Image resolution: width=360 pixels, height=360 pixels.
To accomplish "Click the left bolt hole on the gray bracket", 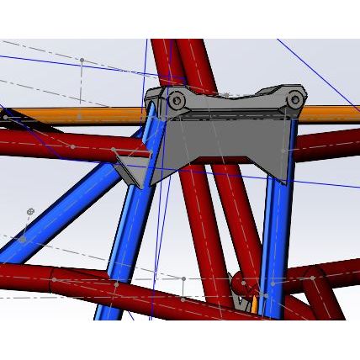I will [x=177, y=101].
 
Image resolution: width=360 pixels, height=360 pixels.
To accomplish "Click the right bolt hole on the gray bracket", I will [x=295, y=101].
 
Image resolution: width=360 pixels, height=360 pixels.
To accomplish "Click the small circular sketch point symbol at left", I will [x=30, y=209].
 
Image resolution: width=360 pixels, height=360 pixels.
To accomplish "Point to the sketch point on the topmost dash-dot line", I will [x=82, y=61].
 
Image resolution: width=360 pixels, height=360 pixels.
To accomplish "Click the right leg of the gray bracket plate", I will [x=278, y=156].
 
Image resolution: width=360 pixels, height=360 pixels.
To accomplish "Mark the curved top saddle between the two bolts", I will [x=236, y=95].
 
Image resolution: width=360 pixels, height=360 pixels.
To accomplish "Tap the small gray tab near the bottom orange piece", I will [x=239, y=294].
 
